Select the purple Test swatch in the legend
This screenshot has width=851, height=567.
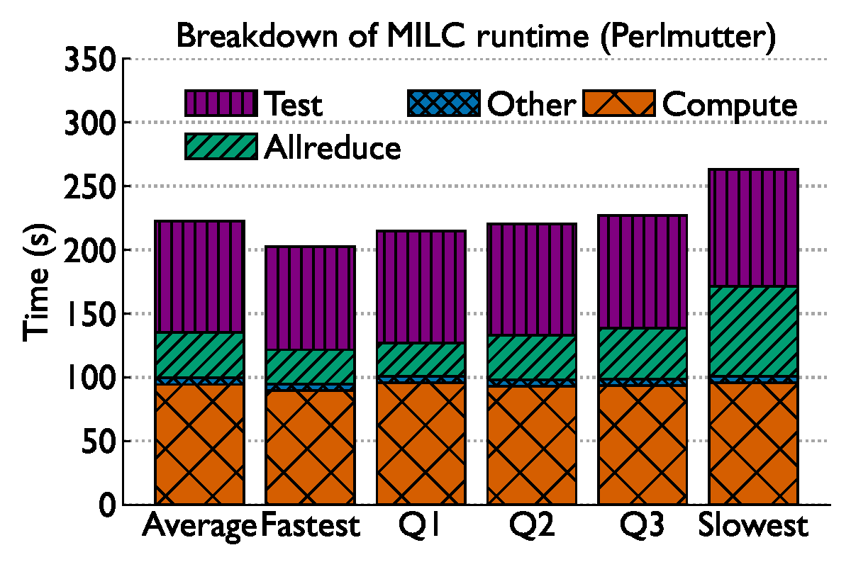(220, 103)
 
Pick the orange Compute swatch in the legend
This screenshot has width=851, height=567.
(618, 103)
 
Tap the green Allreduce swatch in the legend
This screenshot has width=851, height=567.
(220, 147)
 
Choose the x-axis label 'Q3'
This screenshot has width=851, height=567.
(643, 526)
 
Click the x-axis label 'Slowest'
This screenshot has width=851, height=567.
(753, 526)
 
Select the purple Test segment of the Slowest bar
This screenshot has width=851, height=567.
(753, 228)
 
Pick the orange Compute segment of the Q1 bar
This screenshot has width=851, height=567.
(421, 443)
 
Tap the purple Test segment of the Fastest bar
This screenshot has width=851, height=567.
(310, 298)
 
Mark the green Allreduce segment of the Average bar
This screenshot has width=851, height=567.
(199, 354)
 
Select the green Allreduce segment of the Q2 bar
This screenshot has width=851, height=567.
(532, 357)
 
